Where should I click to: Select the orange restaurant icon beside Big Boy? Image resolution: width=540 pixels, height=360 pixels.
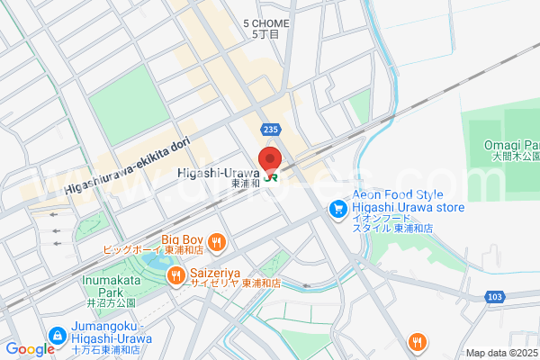click(x=216, y=241)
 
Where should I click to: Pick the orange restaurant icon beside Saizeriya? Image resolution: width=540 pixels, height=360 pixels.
click(x=176, y=275)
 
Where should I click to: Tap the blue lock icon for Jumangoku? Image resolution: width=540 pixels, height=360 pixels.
click(x=58, y=334)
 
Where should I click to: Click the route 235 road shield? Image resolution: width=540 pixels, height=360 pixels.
click(x=271, y=130)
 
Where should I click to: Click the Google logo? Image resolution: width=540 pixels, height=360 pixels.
click(x=29, y=349)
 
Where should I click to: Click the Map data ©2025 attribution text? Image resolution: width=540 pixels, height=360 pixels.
click(x=500, y=353)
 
